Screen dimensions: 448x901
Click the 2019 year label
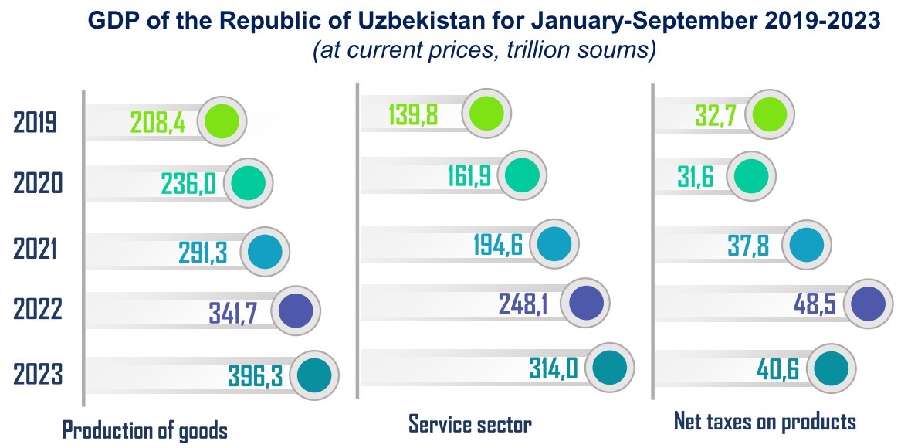click(x=36, y=122)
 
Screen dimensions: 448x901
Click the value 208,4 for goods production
click(x=158, y=122)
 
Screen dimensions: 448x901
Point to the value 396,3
click(x=255, y=375)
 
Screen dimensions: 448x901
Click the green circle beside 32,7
click(x=770, y=114)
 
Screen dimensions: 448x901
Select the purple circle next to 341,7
click(x=295, y=311)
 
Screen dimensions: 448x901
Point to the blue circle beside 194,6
click(x=554, y=244)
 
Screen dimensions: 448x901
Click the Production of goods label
click(x=145, y=429)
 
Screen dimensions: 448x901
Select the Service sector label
click(x=470, y=423)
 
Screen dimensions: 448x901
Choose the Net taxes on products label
click(x=765, y=422)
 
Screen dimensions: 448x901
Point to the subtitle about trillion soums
click(x=484, y=51)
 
